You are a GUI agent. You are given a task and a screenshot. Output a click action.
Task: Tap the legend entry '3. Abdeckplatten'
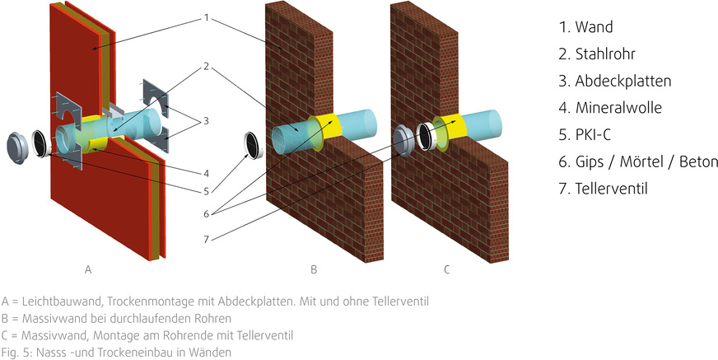(x=614, y=81)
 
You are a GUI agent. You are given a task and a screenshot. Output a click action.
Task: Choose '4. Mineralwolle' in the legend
(x=610, y=108)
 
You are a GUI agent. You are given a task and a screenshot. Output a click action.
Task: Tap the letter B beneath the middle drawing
(x=314, y=269)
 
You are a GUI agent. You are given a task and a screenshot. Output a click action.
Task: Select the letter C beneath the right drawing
(x=446, y=269)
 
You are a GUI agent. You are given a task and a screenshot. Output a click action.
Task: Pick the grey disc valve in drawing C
(x=400, y=141)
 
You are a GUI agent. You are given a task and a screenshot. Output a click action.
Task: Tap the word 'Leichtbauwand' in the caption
(x=54, y=302)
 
